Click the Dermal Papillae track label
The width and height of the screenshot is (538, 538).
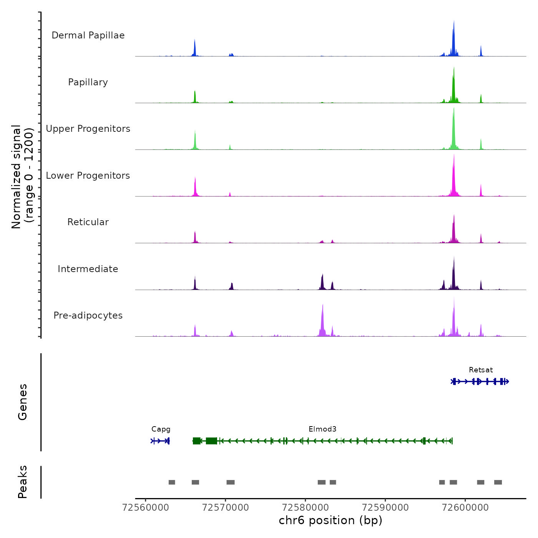click(x=88, y=35)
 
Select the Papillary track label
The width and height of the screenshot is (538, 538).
click(x=88, y=82)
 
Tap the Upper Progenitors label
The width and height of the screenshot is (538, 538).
click(x=88, y=129)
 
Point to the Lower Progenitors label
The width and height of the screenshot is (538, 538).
click(x=88, y=176)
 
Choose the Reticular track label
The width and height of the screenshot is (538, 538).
click(x=88, y=222)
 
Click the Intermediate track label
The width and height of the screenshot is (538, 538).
click(x=88, y=269)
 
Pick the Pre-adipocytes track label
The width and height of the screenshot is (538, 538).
click(x=88, y=315)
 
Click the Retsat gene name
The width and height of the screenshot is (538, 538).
click(x=481, y=370)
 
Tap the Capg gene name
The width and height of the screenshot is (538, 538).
click(x=161, y=429)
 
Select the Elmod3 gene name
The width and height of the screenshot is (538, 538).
click(x=322, y=429)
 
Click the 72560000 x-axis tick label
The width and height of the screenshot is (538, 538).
click(x=145, y=508)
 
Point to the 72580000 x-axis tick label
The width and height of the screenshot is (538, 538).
click(x=305, y=508)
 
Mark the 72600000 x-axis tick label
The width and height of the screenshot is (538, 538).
click(x=465, y=508)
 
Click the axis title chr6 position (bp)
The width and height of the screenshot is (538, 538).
click(x=330, y=520)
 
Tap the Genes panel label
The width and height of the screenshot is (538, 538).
click(x=23, y=402)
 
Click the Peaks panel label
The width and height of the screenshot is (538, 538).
click(x=23, y=482)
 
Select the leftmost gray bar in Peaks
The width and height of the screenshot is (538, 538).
click(x=172, y=482)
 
